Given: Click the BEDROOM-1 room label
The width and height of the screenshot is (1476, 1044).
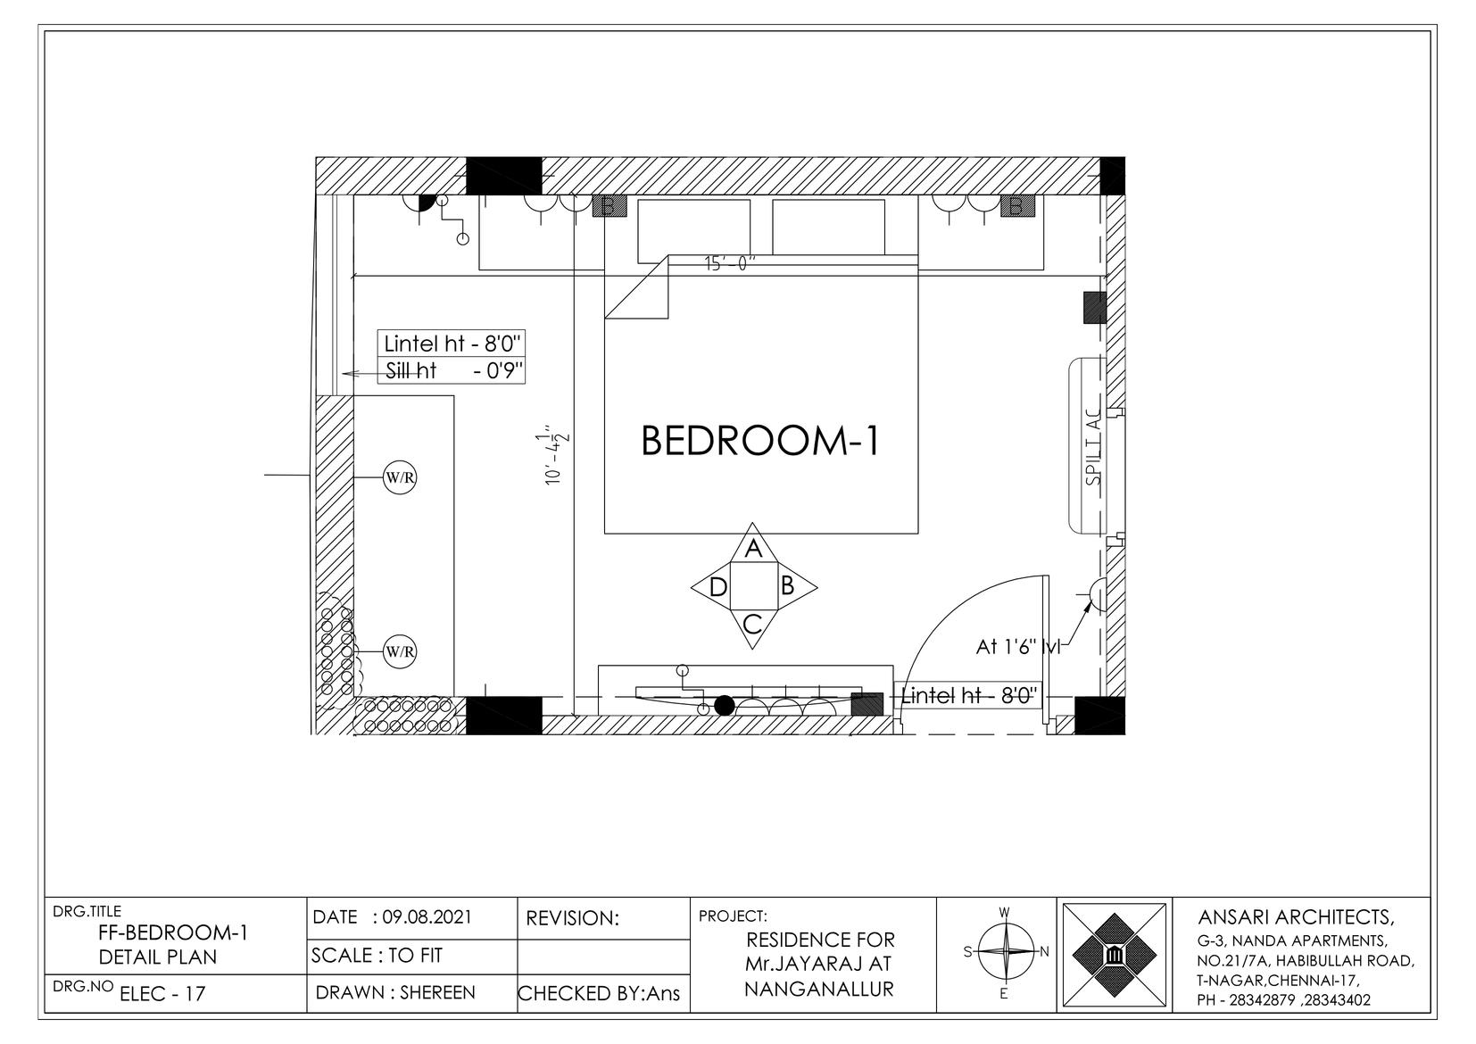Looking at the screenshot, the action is click(760, 441).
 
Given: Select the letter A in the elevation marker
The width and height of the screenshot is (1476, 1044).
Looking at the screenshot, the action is click(753, 548).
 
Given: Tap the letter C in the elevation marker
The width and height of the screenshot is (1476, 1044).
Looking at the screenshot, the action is click(752, 623).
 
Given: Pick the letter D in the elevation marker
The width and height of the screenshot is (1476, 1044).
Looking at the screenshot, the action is click(718, 586).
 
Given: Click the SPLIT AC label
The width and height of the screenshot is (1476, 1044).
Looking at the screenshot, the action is click(1094, 446).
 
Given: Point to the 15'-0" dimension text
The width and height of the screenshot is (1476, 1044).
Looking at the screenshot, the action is click(729, 263).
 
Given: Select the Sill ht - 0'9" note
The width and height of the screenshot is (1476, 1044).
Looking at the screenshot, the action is click(454, 371).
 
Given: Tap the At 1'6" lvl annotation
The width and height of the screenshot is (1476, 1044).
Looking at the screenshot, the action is click(1018, 647).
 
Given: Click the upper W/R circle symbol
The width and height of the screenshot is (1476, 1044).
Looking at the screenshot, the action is click(400, 477).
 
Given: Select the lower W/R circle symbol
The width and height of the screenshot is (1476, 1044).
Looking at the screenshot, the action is click(400, 651).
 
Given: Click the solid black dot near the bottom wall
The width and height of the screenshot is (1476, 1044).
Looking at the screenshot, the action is click(724, 706).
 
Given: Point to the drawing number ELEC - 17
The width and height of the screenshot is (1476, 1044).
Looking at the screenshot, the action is click(162, 993).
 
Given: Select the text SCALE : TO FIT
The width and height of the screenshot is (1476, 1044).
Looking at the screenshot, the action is click(377, 955).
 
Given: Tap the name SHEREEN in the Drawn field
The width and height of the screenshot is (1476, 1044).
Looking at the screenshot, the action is click(437, 992).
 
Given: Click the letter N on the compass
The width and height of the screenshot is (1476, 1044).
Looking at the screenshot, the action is click(1044, 951).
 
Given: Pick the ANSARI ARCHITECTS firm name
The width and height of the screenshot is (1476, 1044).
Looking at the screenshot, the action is click(1296, 917).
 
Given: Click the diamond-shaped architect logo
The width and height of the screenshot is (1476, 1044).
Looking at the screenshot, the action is click(1114, 954).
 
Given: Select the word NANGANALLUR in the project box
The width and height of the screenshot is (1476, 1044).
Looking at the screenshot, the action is click(819, 989).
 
